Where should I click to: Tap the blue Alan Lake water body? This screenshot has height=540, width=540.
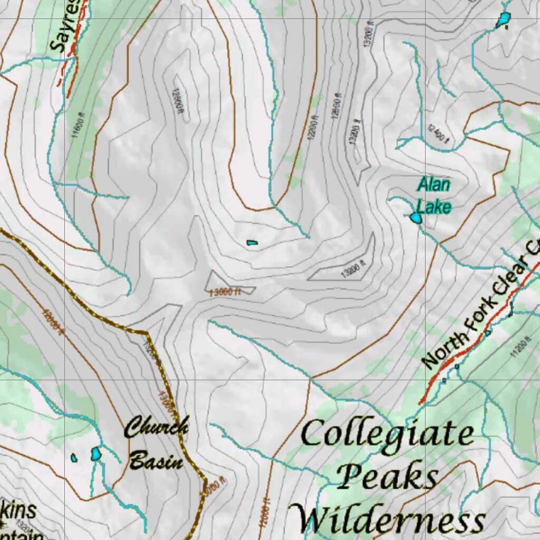tap(416, 218)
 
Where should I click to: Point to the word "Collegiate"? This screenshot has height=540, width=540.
tap(387, 435)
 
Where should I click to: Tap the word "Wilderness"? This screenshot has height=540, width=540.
tap(389, 519)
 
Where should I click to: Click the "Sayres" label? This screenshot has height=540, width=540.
tap(66, 26)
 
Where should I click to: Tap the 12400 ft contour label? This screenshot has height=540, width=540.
tap(439, 135)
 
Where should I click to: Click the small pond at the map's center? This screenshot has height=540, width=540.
tap(252, 243)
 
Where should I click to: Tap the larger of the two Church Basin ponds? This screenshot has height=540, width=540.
tap(95, 454)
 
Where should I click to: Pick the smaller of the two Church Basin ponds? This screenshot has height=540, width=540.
tap(74, 458)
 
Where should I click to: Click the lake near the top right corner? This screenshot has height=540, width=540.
tap(503, 20)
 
